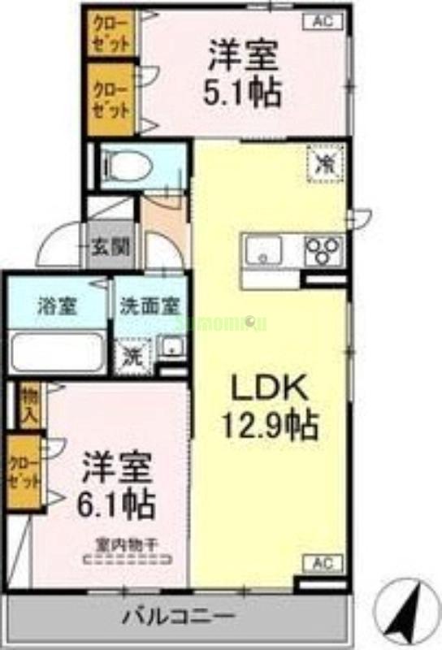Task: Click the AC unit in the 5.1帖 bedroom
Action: pyautogui.click(x=322, y=23)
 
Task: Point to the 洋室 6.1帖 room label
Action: pyautogui.click(x=117, y=487)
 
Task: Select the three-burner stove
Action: pyautogui.click(x=323, y=249)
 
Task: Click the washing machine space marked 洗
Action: pyautogui.click(x=130, y=354)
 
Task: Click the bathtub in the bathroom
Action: pyautogui.click(x=57, y=351)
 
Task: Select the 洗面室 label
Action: pyautogui.click(x=149, y=307)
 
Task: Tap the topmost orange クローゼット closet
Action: pyautogui.click(x=111, y=32)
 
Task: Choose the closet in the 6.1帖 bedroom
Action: pyautogui.click(x=24, y=472)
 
